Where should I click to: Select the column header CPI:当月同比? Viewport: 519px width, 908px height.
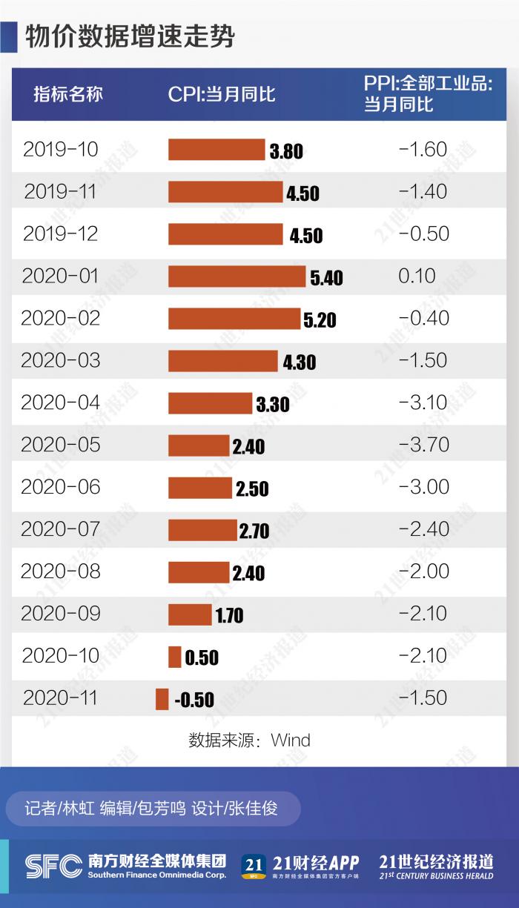[222, 94]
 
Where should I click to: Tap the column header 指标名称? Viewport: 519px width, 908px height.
[68, 94]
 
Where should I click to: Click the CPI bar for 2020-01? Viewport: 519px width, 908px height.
[237, 276]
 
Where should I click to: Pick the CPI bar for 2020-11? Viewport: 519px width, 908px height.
[162, 699]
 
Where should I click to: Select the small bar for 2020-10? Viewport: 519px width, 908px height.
[174, 657]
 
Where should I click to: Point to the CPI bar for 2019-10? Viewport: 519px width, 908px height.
[216, 150]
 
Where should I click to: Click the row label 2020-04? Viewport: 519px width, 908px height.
[60, 402]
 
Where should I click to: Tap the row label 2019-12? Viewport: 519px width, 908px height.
[60, 233]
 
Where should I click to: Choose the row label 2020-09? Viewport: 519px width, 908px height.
[60, 614]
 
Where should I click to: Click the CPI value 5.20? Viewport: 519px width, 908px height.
[320, 320]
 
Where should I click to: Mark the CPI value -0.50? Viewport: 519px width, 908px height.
[194, 700]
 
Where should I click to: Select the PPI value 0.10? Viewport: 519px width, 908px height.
[417, 276]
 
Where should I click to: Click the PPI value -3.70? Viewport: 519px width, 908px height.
[423, 445]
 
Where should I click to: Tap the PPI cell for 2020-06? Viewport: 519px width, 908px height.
[423, 487]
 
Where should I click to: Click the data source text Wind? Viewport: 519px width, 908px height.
[290, 740]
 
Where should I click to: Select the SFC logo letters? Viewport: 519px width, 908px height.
[53, 864]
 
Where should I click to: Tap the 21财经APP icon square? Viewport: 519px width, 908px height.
[254, 866]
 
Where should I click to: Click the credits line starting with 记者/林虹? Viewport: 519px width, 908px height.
[151, 808]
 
